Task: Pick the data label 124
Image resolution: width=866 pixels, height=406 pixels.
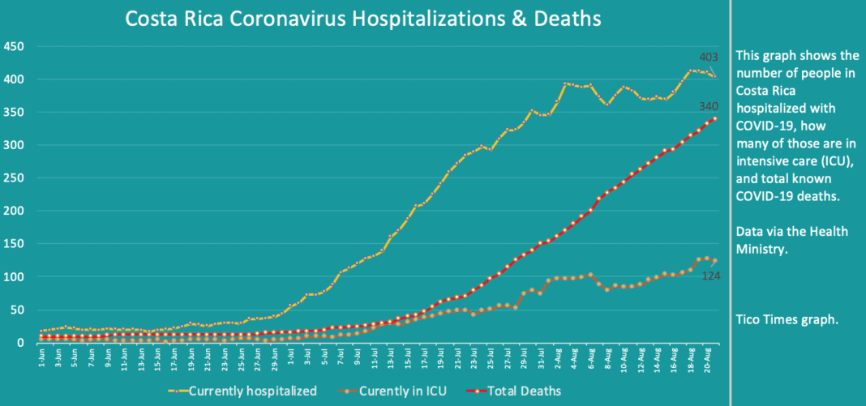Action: [710, 276]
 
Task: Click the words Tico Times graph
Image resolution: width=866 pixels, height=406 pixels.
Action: [786, 319]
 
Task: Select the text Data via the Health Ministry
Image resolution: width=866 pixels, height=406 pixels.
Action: [791, 240]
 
